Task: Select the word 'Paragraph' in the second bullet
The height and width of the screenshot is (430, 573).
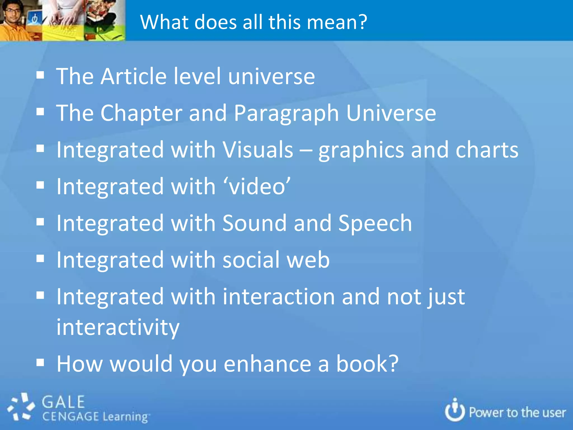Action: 286,113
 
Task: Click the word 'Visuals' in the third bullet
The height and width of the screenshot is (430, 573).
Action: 258,149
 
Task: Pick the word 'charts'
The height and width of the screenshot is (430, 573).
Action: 487,149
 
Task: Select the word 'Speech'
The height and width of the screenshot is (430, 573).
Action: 375,223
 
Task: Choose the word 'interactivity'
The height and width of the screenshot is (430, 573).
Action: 118,327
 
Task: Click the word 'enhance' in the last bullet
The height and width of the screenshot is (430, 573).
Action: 267,364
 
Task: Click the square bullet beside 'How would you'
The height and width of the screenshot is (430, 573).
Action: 40,363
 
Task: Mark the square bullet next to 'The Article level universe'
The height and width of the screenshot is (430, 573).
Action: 40,75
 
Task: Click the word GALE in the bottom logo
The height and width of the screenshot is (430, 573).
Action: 63,402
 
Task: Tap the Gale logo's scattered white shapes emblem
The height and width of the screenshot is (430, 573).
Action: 21,407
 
